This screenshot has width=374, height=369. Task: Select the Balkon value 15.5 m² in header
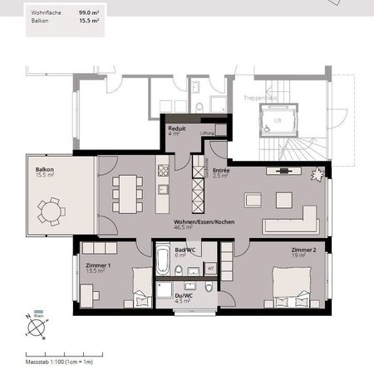(90, 23)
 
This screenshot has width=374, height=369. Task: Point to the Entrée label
(221, 171)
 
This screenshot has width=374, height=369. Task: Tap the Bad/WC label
(185, 250)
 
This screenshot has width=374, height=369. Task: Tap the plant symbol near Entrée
(317, 174)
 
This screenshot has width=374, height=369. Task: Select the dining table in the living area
(127, 192)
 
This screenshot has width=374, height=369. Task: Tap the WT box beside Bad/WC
(210, 269)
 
